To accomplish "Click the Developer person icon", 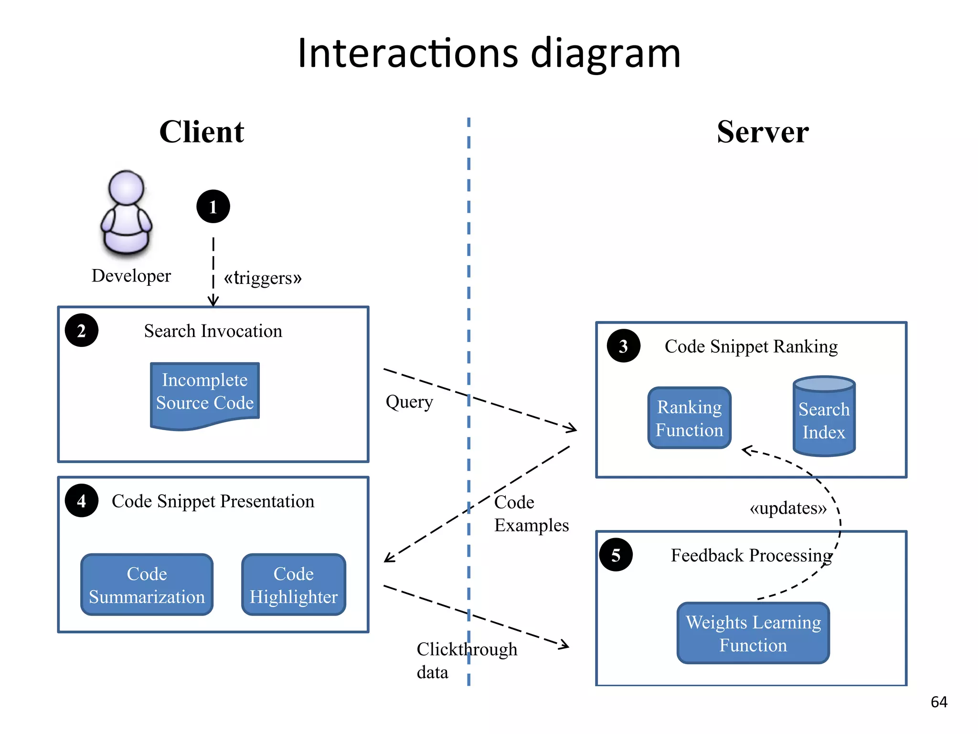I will pos(127,213).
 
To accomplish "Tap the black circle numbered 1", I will pos(213,206).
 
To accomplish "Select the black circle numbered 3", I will pos(623,346).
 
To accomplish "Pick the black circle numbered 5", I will pos(616,555).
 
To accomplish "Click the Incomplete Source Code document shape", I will pos(205,393).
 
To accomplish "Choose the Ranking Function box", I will pos(689,418).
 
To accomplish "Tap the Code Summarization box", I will pos(147,585).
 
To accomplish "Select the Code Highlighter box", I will pos(293,585).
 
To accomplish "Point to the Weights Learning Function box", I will pos(753,633).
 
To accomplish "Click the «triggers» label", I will pos(263,278).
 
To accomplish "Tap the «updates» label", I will pos(788,508).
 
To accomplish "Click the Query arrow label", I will pos(409,402).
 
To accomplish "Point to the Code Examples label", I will pos(531,514).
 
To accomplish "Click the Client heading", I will pos(202,132).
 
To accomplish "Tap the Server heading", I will pos(763,132).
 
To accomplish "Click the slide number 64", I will pos(939,702).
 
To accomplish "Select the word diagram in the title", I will pos(606,54).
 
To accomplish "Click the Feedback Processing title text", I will pos(751,555).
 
